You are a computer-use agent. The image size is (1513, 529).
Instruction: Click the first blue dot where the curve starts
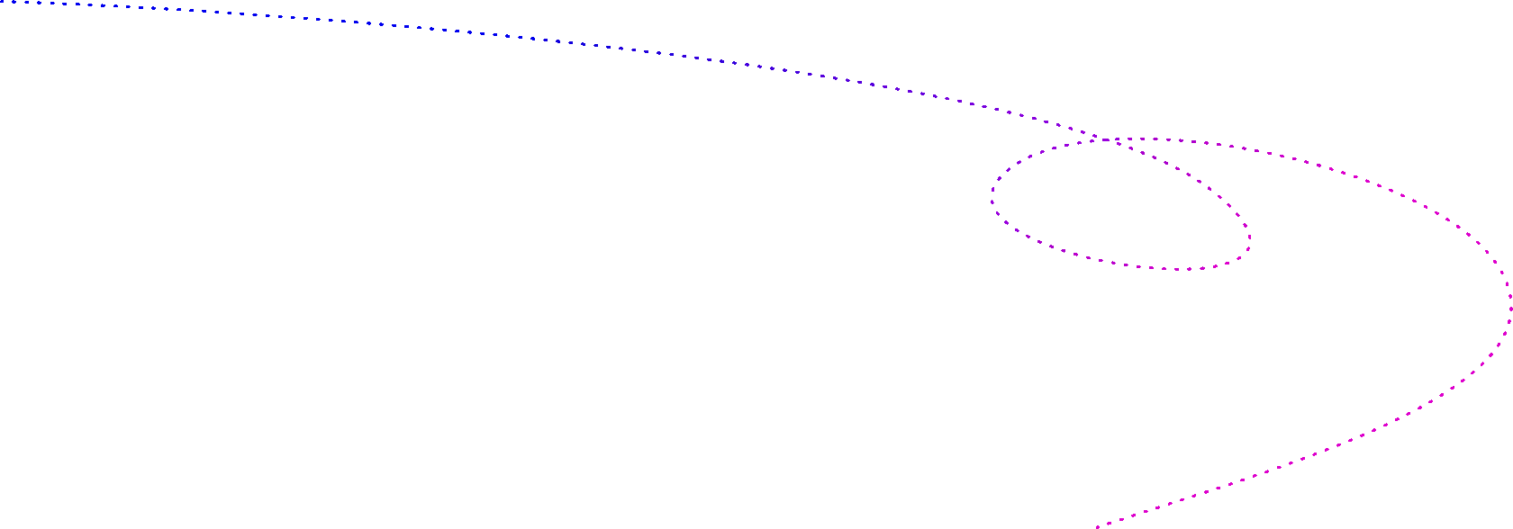pos(2,1)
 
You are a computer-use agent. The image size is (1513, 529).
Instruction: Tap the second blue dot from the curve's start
pos(14,2)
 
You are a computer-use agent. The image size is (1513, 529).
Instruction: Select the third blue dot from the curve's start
pos(27,3)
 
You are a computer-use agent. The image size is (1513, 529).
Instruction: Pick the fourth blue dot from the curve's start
pos(39,3)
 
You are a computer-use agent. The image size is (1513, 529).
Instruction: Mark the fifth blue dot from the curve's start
pos(52,3)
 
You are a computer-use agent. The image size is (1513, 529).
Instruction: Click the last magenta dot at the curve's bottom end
pos(1098,527)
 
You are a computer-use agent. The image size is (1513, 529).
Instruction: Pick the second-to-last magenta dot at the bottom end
pos(1109,524)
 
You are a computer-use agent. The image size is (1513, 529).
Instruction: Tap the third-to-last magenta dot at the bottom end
pos(1121,519)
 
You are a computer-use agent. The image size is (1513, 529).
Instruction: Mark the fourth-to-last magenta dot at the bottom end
pos(1133,516)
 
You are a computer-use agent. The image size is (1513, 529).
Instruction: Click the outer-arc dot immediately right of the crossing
pos(1118,139)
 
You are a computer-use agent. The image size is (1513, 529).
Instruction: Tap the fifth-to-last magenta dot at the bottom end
pos(1146,511)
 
